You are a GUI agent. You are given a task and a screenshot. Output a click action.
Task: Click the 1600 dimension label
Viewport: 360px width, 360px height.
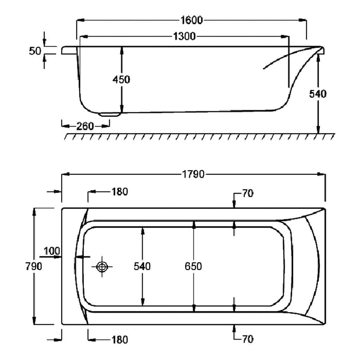[192, 20]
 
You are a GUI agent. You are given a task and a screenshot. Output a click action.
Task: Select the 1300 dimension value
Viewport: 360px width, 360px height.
[184, 37]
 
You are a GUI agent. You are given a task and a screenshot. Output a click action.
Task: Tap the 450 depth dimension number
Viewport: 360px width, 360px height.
[121, 79]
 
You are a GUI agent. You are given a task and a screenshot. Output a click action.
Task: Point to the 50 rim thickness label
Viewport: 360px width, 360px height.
[35, 51]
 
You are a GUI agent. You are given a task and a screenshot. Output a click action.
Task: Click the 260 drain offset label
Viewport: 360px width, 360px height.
[85, 127]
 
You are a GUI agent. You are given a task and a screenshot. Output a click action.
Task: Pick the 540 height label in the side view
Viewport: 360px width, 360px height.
[318, 94]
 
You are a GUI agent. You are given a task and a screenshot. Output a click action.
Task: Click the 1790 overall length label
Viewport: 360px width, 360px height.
[193, 174]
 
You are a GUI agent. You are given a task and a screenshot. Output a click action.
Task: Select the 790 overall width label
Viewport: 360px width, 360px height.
[34, 266]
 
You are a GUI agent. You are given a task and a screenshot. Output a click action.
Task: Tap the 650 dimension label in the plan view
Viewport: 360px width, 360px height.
[193, 266]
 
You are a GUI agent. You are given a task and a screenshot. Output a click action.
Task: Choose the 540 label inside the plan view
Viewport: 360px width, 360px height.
[142, 266]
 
